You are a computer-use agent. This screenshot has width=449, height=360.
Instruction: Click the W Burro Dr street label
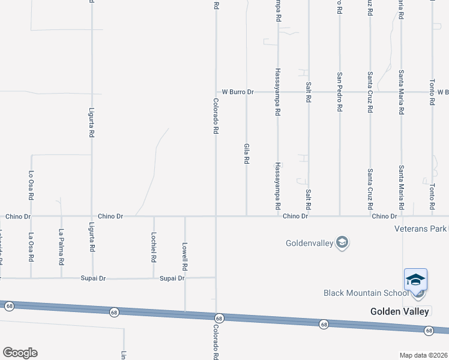tap(238, 92)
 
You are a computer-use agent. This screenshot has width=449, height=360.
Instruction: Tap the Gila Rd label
tap(246, 154)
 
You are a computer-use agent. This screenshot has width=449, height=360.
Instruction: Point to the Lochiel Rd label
tap(154, 247)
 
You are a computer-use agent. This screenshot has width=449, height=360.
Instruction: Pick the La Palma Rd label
tap(61, 247)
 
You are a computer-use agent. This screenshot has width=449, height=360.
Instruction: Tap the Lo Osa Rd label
tap(31, 185)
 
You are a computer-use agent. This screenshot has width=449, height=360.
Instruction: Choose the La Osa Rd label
tap(31, 247)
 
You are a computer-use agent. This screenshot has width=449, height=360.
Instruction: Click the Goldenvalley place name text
tap(309, 244)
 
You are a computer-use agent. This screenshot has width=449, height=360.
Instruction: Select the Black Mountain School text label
tap(365, 293)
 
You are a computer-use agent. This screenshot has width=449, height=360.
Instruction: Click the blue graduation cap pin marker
tap(415, 281)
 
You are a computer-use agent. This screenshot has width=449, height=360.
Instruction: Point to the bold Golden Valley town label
tap(399, 311)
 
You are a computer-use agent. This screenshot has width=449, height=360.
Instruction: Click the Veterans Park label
tap(420, 229)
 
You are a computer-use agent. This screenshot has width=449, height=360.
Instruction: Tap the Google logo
tap(20, 353)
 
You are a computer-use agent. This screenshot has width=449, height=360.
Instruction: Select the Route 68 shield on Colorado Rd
tap(218, 317)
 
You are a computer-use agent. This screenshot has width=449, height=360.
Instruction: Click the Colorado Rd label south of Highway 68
tap(216, 342)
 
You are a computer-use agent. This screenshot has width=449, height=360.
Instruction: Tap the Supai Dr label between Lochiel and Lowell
tap(172, 278)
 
